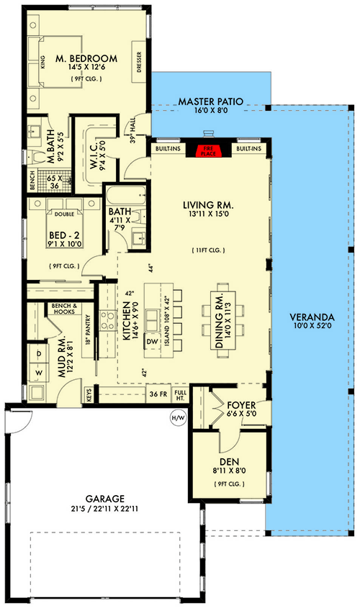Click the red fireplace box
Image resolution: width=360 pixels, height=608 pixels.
coord(207,149)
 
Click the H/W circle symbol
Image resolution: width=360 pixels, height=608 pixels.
coord(176,417)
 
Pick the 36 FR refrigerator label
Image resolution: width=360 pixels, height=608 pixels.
coord(158,394)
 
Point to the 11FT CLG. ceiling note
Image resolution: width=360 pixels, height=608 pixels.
coord(209,250)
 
